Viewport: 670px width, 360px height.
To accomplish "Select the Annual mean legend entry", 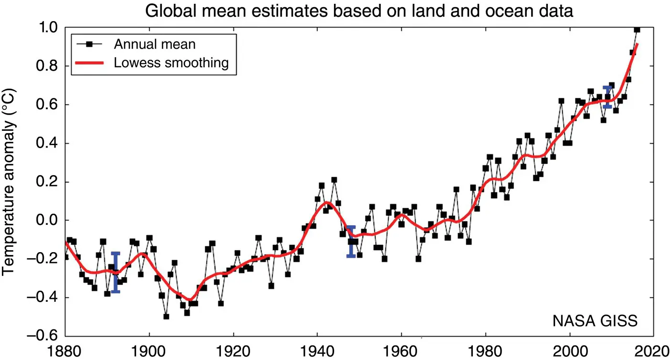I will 155,44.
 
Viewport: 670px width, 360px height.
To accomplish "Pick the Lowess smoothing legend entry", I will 171,63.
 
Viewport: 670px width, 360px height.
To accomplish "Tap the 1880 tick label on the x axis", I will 65,351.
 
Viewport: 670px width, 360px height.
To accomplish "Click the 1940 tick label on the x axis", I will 317,351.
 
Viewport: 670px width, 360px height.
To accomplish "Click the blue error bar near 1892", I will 115,272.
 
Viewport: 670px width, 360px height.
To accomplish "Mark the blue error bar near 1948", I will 351,242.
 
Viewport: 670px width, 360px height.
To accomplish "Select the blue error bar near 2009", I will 607,97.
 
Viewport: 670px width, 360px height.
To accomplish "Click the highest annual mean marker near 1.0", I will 637,30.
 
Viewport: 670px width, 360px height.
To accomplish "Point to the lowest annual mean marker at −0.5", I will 166,317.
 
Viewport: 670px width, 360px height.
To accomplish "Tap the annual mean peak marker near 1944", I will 334,180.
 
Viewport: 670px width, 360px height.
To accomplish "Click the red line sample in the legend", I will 89,63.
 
